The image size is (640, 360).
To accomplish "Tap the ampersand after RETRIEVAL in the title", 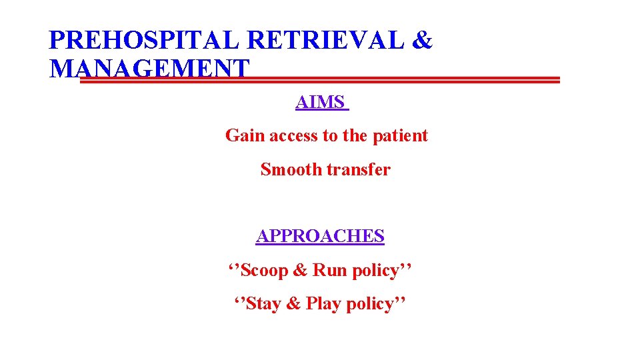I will coord(423,41).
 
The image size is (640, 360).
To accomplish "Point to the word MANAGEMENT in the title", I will coord(149,69).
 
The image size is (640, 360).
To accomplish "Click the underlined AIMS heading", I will coord(321,103).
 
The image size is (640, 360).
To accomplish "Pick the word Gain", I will coord(241,136).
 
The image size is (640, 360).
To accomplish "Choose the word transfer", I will coord(359,170).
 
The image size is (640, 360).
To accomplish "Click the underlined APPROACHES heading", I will coord(320,237).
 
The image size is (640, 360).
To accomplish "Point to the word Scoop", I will coord(265,271).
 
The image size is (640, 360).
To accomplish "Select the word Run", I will coord(329,271).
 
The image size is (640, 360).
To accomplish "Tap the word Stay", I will coord(264,304).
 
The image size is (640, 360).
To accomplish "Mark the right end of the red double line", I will coord(559,80).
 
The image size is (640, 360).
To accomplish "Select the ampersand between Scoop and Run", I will coord(301,271).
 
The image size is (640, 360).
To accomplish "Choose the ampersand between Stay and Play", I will coord(293,304).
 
